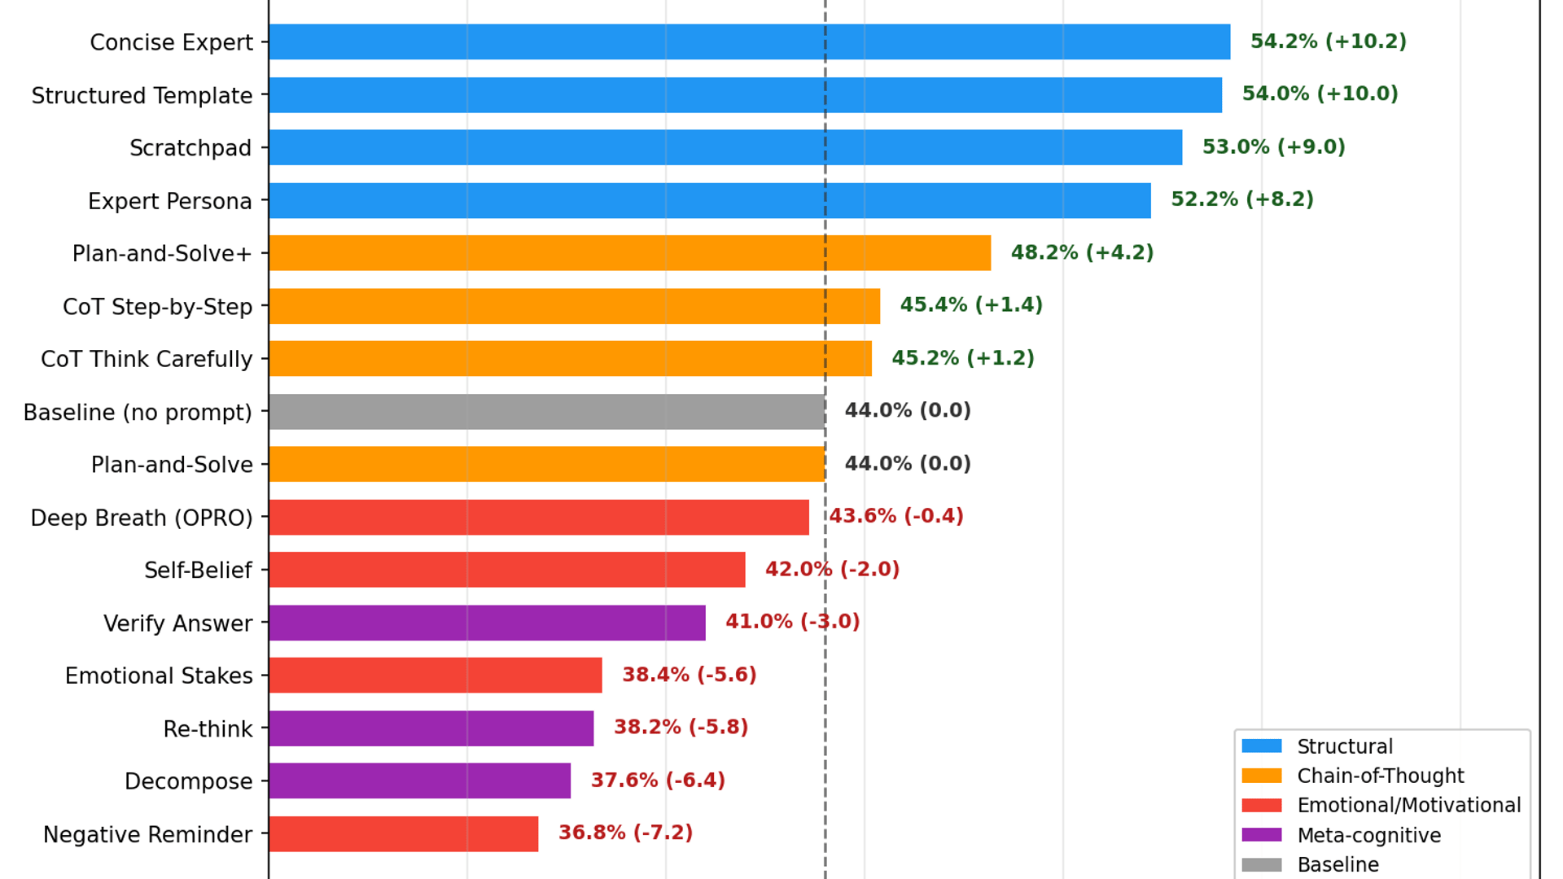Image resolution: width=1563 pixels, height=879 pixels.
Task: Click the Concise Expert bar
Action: coord(749,42)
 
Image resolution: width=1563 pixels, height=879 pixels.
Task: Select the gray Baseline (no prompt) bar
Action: coord(546,412)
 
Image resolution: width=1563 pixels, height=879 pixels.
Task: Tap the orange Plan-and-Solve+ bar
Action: coord(629,253)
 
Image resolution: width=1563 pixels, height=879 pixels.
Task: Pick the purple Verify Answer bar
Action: coord(487,623)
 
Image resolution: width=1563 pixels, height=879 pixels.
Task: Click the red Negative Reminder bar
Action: coord(403,834)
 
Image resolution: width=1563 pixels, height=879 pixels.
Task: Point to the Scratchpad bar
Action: coord(725,147)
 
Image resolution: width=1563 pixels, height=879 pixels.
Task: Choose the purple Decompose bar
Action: coord(419,781)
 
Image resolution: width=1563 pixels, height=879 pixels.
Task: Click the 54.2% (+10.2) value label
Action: coord(1328,42)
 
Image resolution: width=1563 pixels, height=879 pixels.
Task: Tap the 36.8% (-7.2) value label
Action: coord(625,833)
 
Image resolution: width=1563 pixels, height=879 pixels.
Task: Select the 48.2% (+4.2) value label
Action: coord(1082,252)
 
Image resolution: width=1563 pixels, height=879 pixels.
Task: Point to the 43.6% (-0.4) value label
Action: coord(896,516)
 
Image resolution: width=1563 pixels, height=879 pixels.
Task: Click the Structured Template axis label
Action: coord(142,96)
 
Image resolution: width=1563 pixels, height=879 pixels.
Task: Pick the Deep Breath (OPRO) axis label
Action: coord(142,518)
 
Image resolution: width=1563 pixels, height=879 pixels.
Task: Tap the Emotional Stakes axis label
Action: coord(159,676)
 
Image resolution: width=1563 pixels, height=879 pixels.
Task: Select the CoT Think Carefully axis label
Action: coord(147,360)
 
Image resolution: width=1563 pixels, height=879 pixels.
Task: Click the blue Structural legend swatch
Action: coord(1261,746)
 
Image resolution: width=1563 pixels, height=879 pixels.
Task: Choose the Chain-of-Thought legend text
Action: coord(1380,776)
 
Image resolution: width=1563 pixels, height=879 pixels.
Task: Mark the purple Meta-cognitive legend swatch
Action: coord(1261,835)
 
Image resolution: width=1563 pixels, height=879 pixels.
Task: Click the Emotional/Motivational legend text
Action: coord(1408,806)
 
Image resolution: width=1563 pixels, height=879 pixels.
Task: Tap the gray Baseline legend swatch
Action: coord(1261,864)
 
